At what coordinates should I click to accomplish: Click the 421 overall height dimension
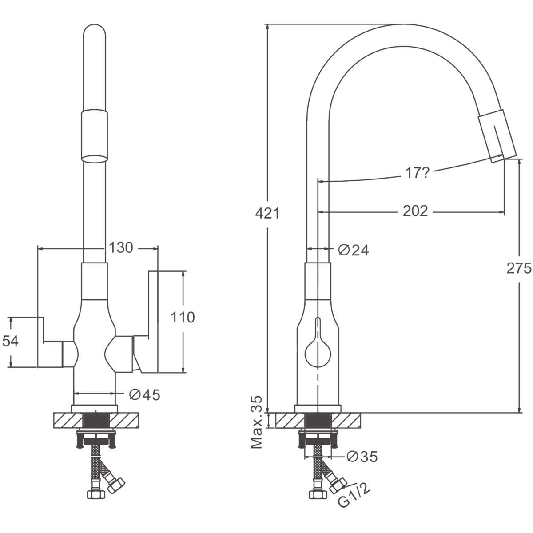267,213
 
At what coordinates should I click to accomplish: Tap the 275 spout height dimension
519,268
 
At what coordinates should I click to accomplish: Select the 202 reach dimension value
415,211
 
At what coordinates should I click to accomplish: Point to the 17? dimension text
417,173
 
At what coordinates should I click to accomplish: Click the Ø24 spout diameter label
354,251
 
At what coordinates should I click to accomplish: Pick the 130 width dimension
121,247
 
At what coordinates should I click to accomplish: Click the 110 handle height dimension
183,317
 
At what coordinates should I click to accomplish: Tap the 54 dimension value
10,341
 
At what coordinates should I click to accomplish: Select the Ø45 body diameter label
145,395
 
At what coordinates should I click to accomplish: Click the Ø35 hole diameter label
362,457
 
